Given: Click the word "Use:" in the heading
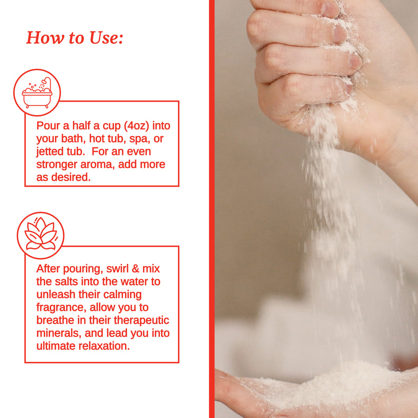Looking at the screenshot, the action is pos(106,38).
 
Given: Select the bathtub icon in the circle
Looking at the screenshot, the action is pos(37,92).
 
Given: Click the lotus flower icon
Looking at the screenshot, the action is pos(40,234).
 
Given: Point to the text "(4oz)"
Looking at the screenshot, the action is pos(137,126).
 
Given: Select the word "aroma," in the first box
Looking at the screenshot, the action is pos(98,164).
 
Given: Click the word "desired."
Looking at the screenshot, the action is pos(71,177).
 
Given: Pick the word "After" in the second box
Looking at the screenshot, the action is pos(48,268).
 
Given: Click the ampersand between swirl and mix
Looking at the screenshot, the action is pos(136,268).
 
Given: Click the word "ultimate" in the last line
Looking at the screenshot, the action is pos(56,346).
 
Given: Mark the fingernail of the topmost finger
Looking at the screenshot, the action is pos(329,9).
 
